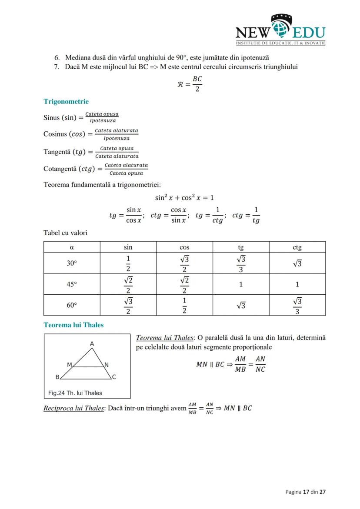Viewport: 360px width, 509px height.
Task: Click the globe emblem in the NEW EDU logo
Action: [281, 29]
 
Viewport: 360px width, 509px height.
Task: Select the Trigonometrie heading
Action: [66, 101]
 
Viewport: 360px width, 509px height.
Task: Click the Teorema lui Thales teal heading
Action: [73, 325]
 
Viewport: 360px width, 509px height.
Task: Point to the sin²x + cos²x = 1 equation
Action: [184, 197]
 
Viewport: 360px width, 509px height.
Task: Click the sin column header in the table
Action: [128, 247]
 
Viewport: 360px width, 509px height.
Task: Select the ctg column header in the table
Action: [297, 247]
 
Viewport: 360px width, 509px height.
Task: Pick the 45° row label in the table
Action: [72, 284]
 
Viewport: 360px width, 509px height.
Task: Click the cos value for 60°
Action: [184, 305]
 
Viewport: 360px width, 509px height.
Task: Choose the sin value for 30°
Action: [128, 263]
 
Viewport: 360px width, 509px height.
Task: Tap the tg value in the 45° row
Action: [241, 284]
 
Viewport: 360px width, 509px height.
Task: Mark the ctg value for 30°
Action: [297, 263]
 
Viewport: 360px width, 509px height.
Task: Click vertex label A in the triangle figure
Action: [92, 344]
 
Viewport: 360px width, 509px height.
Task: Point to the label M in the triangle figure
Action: [69, 365]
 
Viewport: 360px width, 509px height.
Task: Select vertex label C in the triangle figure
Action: [114, 377]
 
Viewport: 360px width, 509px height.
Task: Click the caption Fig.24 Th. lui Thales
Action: [75, 393]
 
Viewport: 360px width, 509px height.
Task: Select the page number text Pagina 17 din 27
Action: [305, 492]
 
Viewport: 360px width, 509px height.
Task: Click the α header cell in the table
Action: [72, 247]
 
